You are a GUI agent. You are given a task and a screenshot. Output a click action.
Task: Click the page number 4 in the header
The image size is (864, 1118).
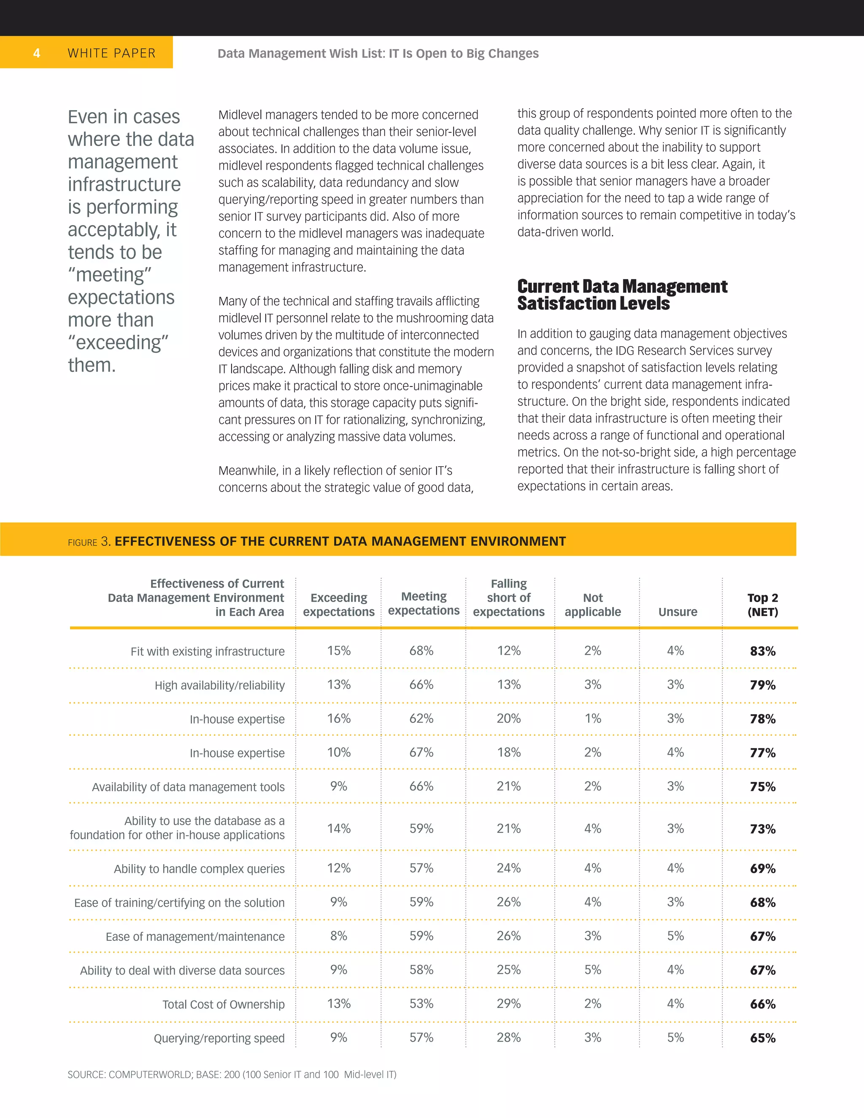(36, 53)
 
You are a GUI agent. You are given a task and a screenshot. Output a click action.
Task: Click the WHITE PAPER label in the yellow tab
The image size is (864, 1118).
(111, 53)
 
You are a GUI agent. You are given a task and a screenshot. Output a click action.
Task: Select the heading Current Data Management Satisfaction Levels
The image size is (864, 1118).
(621, 295)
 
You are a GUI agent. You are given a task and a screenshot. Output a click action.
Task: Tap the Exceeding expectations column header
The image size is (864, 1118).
(338, 605)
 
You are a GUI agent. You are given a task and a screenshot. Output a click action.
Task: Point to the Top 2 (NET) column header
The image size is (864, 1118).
(762, 605)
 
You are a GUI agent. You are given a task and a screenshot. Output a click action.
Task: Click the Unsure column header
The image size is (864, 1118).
(677, 612)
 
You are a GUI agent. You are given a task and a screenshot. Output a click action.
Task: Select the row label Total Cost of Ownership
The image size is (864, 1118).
(223, 1005)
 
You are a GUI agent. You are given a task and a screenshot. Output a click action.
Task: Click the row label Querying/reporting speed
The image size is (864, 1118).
(219, 1038)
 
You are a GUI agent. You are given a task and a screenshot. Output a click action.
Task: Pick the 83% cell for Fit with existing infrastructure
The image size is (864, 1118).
(762, 651)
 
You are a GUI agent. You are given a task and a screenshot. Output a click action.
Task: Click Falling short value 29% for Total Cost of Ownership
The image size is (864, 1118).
(508, 1004)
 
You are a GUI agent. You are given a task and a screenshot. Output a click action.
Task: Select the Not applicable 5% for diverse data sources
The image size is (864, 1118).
(592, 969)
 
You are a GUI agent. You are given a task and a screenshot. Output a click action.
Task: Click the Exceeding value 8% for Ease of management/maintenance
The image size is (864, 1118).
(338, 936)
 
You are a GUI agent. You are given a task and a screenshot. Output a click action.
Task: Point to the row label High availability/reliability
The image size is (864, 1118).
(219, 686)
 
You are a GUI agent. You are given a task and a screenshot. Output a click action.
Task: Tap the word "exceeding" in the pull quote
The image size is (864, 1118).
(119, 343)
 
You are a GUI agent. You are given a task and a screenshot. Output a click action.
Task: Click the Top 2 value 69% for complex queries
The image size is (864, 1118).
(762, 868)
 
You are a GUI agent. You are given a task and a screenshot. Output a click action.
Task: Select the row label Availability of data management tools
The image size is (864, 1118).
(188, 787)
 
